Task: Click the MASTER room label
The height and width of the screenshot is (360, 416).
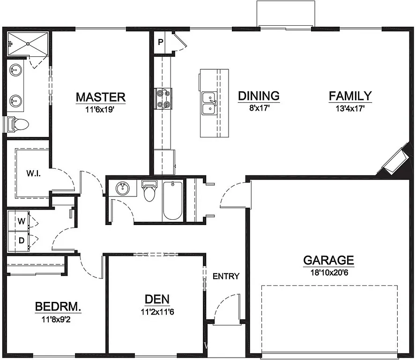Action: [x=100, y=97]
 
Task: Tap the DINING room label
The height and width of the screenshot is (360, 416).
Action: [x=259, y=96]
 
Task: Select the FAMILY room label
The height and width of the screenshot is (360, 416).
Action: [x=350, y=96]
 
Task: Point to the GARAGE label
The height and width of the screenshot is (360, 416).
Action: [x=328, y=260]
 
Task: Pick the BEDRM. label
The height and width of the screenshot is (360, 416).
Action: [x=58, y=307]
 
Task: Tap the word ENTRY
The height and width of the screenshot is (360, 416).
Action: [x=226, y=276]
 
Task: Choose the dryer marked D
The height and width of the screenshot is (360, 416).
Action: [x=21, y=241]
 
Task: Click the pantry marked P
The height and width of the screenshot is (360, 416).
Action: [x=160, y=42]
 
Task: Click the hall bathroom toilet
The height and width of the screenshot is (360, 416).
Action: [x=149, y=191]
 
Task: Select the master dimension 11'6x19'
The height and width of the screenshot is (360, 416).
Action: [x=100, y=109]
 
